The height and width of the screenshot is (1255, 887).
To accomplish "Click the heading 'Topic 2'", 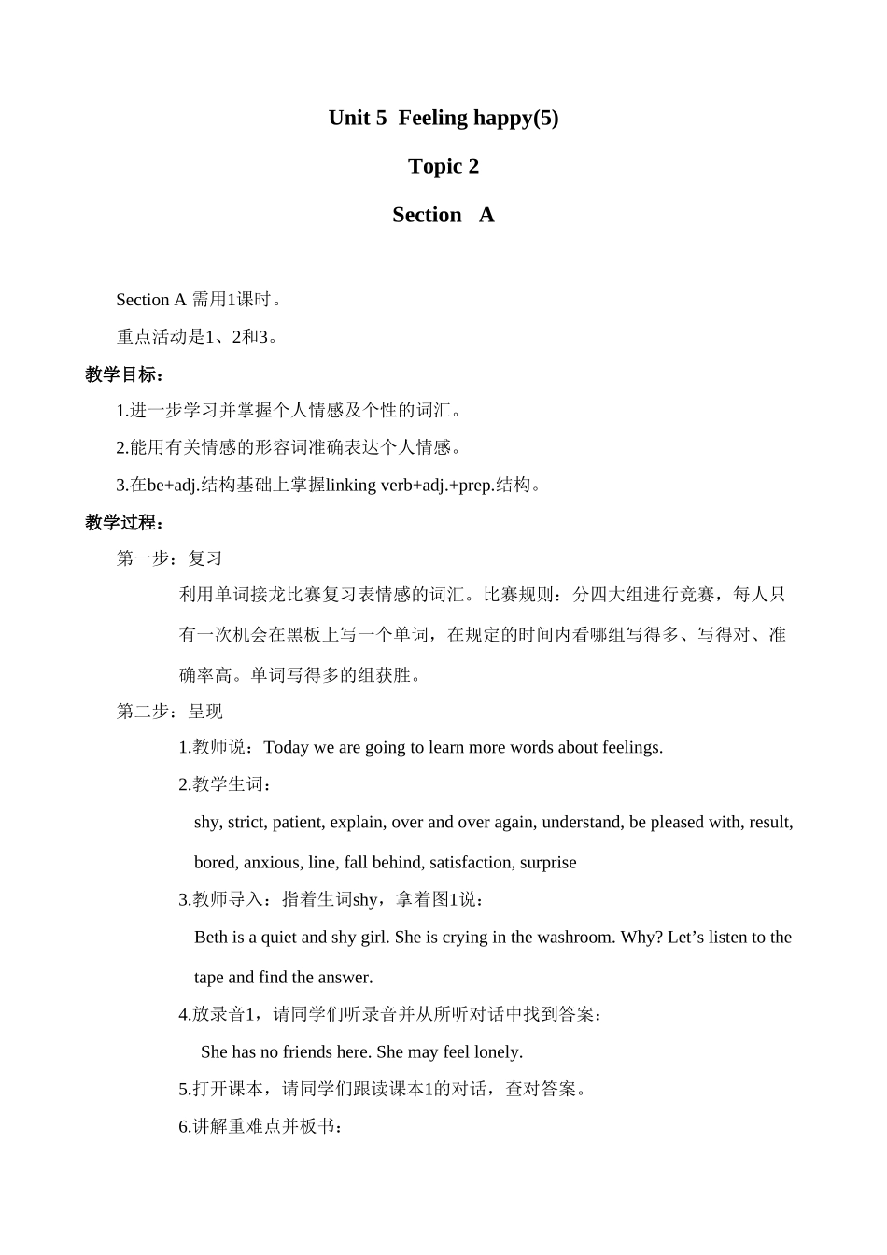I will tap(443, 166).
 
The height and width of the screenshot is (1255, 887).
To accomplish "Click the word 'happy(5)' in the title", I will tap(516, 118).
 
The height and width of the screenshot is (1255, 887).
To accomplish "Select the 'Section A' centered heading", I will tap(443, 215).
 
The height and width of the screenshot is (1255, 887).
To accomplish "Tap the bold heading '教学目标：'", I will tap(125, 374).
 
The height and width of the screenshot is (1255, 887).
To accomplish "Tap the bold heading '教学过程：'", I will tap(125, 522).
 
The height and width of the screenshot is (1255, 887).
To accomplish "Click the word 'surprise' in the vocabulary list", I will tap(548, 862).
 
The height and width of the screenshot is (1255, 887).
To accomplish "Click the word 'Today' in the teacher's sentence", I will tap(287, 747).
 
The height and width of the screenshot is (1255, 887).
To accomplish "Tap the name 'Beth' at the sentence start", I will tap(211, 937).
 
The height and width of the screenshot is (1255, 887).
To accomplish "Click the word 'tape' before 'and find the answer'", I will tap(209, 978).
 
